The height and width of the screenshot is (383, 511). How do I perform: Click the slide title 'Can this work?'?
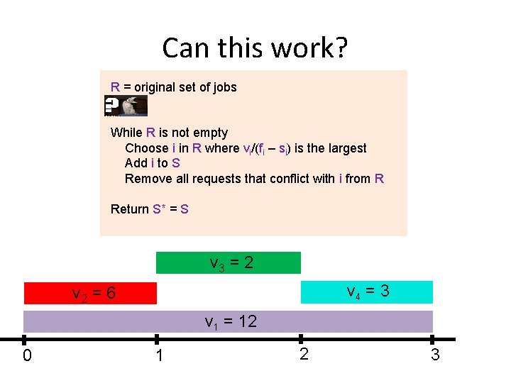point(255,48)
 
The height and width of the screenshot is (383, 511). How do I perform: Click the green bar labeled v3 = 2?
point(229,262)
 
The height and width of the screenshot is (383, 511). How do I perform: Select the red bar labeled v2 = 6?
point(90,293)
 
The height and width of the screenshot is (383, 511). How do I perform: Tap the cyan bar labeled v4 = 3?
point(366,292)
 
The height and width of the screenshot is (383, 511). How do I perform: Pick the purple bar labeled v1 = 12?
point(228,321)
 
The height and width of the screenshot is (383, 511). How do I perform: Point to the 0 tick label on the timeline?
point(27,355)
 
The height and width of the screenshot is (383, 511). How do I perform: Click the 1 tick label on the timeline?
point(160,355)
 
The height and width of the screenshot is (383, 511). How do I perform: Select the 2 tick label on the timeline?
point(304,354)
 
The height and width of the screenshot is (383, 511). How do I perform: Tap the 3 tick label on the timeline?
point(435,355)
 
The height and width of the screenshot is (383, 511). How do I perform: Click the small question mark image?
point(126,106)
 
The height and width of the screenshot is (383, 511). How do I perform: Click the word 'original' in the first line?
point(156,87)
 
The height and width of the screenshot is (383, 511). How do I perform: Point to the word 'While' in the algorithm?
point(126,133)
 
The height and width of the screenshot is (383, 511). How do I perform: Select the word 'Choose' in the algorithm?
point(146,148)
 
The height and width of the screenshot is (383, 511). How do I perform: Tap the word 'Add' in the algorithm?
point(136,163)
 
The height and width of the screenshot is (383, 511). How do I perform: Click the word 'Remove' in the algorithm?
point(148,179)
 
